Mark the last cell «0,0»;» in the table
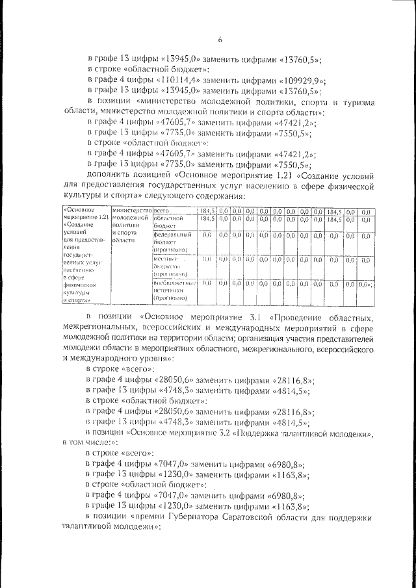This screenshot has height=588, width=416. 367,284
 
